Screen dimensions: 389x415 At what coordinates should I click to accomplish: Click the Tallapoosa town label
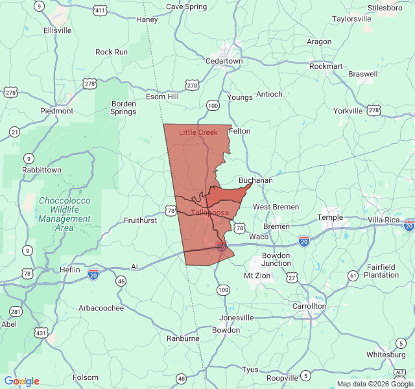pos(209,213)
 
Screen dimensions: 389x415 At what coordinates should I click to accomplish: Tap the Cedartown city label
pos(224,61)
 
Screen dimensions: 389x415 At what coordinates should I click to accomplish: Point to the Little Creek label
pos(198,132)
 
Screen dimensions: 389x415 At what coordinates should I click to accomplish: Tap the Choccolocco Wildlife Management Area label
pos(64,214)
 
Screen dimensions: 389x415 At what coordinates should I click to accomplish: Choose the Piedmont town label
pos(56,111)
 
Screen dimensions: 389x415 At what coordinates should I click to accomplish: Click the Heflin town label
pos(69,270)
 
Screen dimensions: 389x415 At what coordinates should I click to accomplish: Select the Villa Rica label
pos(385,220)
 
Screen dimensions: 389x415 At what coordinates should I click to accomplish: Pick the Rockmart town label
pos(326,66)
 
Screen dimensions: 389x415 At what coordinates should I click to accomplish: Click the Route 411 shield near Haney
pos(99,11)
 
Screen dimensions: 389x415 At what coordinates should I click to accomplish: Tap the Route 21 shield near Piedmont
pos(14,132)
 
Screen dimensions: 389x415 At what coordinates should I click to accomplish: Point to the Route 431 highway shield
pos(41,333)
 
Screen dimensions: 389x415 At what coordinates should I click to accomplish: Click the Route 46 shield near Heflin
pos(121,281)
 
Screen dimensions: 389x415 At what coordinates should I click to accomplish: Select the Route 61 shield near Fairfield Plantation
pos(352,276)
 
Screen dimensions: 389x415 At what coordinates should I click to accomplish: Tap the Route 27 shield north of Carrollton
pos(292,278)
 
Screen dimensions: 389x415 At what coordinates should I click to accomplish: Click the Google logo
pos(21,381)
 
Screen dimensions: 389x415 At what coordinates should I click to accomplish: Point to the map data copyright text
pos(375,384)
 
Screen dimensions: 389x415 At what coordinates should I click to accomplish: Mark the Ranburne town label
pos(183,338)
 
